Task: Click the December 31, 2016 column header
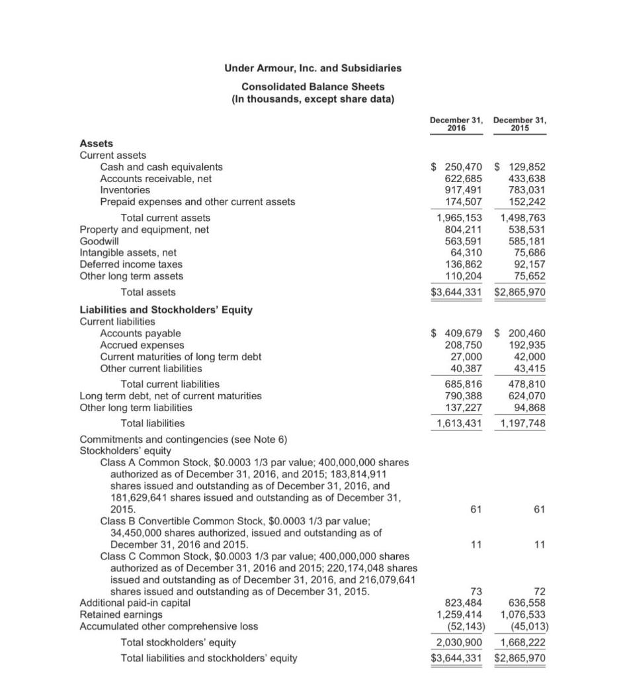coord(456,124)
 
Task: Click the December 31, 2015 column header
coord(520,124)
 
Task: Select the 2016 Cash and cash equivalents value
coord(456,167)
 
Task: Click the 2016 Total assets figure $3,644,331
coord(456,292)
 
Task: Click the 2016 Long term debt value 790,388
coord(464,396)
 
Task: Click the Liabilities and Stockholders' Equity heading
coord(166,309)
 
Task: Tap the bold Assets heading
coord(97,143)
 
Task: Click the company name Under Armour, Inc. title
coord(313,68)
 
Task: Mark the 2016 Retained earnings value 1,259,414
coord(460,615)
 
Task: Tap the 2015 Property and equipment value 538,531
coord(526,230)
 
